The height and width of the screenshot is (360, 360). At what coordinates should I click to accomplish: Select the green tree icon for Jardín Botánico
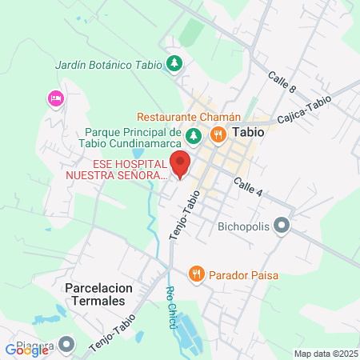pos(175,62)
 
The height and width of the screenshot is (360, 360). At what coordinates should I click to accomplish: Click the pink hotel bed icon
pos(56,98)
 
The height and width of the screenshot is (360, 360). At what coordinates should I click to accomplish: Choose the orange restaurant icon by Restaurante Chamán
pos(216,135)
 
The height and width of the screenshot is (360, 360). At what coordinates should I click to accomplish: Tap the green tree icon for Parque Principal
pos(194,136)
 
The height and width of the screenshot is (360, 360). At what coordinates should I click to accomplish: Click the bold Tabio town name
pos(248,134)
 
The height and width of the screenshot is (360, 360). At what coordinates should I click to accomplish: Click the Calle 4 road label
pos(248,188)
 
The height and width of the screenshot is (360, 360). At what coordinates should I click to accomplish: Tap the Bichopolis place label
pos(244,226)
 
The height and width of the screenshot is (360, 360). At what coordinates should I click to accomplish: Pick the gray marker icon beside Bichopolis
pos(282,226)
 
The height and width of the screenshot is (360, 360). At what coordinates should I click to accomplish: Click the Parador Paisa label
pos(244,276)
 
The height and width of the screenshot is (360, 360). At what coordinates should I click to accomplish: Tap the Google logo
pos(27,349)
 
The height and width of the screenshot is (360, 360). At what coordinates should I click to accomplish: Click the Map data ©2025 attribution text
pos(324,354)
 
